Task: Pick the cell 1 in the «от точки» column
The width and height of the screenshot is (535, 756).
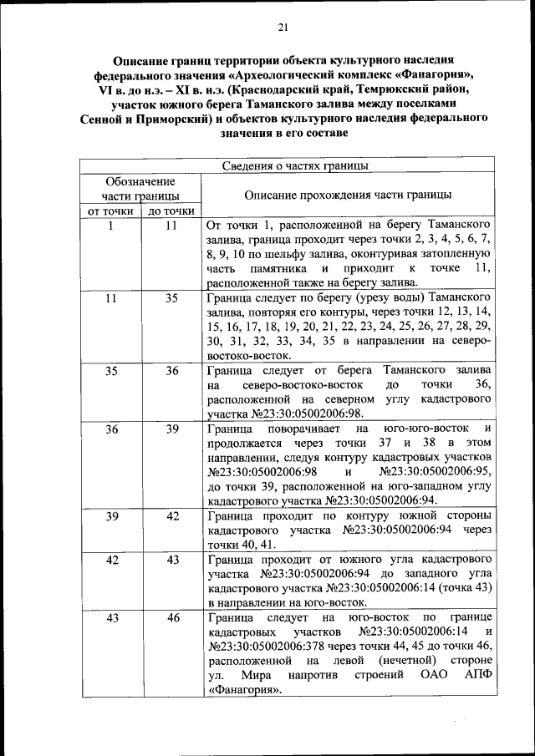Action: [110, 226]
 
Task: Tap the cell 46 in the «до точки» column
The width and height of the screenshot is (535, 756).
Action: [171, 618]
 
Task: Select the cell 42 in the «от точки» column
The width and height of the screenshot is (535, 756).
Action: [110, 560]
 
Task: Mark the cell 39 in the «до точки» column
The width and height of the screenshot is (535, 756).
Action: [171, 429]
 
